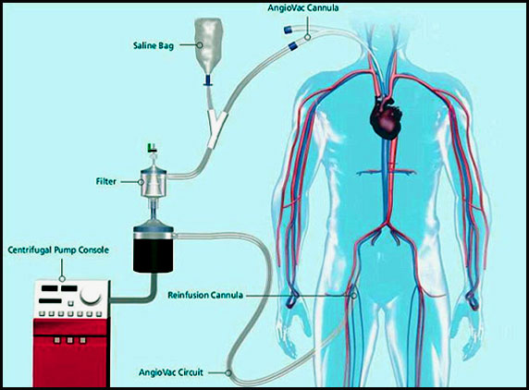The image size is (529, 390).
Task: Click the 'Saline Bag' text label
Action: (x=154, y=45)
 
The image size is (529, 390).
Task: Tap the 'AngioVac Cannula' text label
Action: (x=303, y=7)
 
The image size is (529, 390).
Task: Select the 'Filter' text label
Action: (x=106, y=182)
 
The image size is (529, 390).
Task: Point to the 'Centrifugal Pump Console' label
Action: (x=58, y=250)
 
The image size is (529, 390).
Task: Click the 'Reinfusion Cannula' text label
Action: (x=205, y=296)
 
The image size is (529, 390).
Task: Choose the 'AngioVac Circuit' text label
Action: (x=171, y=372)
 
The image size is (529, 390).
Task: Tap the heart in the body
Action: (x=387, y=117)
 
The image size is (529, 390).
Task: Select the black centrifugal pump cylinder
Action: (x=154, y=249)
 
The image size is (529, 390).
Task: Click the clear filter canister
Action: (x=154, y=183)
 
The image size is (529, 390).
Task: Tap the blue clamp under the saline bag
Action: (x=208, y=81)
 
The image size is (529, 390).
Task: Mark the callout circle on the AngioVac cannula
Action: (x=307, y=37)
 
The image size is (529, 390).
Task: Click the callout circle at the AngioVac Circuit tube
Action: (x=228, y=372)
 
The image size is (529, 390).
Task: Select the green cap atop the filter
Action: (x=153, y=147)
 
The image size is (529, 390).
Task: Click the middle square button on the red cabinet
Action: (x=70, y=340)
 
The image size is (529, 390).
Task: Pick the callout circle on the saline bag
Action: (x=200, y=45)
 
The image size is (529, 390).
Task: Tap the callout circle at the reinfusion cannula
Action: (x=353, y=296)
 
